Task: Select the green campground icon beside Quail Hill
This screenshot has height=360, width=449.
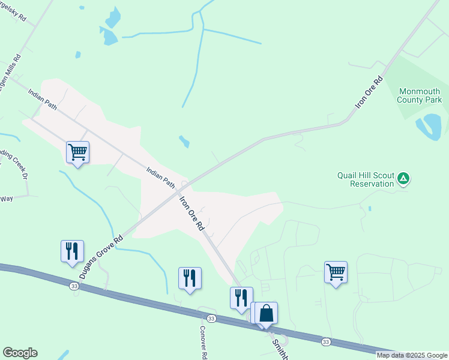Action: pyautogui.click(x=404, y=178)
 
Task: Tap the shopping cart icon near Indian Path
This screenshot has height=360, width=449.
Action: pyautogui.click(x=77, y=152)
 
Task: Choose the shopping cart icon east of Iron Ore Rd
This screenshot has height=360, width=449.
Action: pyautogui.click(x=336, y=272)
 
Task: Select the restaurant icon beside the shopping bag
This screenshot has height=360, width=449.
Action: pyautogui.click(x=241, y=298)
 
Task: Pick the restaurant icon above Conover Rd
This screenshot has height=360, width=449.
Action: pyautogui.click(x=190, y=278)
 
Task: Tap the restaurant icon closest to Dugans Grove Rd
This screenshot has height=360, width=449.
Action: pyautogui.click(x=72, y=251)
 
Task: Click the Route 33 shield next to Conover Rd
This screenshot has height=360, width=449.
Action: pyautogui.click(x=211, y=318)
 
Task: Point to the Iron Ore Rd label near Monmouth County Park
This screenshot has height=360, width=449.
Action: pyautogui.click(x=369, y=92)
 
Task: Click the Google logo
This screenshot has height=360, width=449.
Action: pyautogui.click(x=20, y=353)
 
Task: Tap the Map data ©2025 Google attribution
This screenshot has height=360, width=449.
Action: pyautogui.click(x=412, y=355)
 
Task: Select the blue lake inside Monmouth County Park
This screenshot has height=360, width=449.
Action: pyautogui.click(x=430, y=125)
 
